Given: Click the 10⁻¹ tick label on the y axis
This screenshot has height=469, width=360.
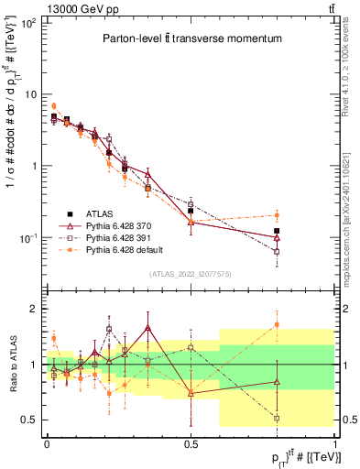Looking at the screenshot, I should coord(27,238).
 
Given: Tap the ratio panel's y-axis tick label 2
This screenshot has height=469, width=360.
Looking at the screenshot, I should coord(35,309).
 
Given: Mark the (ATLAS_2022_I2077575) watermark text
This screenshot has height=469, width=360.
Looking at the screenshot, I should coord(191,274).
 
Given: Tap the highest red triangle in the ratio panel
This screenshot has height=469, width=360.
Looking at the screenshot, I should coord(148,328).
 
